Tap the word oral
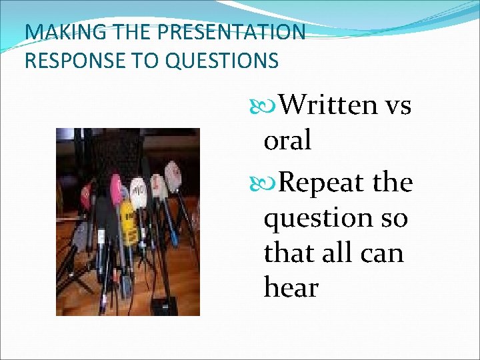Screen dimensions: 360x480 pos(287,140)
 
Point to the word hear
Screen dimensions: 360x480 pos(291,288)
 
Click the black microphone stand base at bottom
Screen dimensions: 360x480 pos(163,306)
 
